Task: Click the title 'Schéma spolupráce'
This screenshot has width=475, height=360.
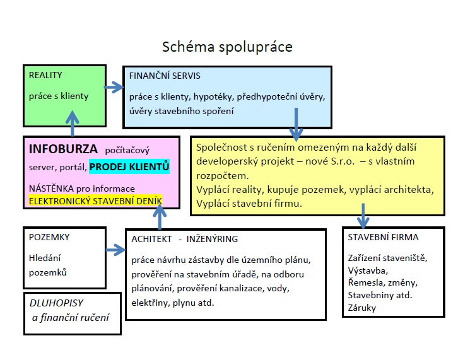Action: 227,47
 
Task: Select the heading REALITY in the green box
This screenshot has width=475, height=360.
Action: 45,75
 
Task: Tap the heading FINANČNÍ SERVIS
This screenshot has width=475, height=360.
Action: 165,76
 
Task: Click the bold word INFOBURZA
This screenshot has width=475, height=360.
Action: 63,149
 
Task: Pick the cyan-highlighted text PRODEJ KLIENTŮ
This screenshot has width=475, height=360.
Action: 129,167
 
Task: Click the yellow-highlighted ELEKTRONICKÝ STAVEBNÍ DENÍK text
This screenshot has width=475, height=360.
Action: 95,200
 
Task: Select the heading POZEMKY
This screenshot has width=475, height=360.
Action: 49,237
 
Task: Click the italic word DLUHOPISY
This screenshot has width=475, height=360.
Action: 56,303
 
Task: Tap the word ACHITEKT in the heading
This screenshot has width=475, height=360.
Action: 151,239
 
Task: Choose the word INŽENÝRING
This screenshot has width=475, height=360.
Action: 212,239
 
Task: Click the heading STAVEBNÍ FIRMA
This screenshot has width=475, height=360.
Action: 383,237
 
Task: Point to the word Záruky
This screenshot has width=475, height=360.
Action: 361,308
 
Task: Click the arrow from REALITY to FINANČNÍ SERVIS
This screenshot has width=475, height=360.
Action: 114,87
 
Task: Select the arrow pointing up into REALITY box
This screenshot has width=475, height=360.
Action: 72,123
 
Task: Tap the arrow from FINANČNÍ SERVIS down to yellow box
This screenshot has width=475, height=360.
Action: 296,124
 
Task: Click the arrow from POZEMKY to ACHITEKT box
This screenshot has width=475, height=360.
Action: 115,250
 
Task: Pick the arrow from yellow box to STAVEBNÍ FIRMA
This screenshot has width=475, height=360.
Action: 363,216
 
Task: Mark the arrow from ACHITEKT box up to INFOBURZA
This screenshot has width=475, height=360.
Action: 160,217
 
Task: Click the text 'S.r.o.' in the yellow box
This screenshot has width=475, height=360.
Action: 343,161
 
